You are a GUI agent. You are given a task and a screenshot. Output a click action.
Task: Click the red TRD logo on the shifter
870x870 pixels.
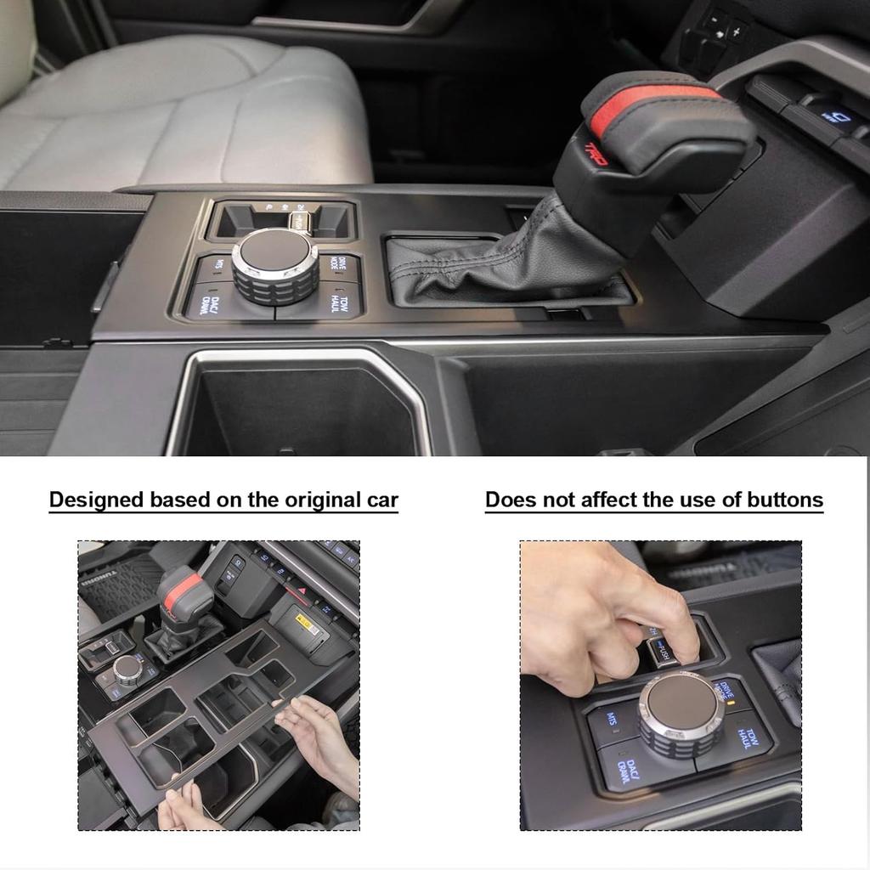pyautogui.click(x=597, y=152)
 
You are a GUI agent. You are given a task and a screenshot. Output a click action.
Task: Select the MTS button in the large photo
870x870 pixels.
pyautogui.click(x=218, y=265)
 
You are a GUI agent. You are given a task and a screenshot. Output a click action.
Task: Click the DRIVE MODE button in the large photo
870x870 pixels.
pyautogui.click(x=339, y=265)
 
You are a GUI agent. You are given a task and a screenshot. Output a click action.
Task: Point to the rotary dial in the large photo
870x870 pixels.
pyautogui.click(x=275, y=263)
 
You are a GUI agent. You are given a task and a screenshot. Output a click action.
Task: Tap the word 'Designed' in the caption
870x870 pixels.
pyautogui.click(x=96, y=500)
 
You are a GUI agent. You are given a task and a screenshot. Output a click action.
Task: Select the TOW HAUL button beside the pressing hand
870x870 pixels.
pyautogui.click(x=746, y=737)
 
